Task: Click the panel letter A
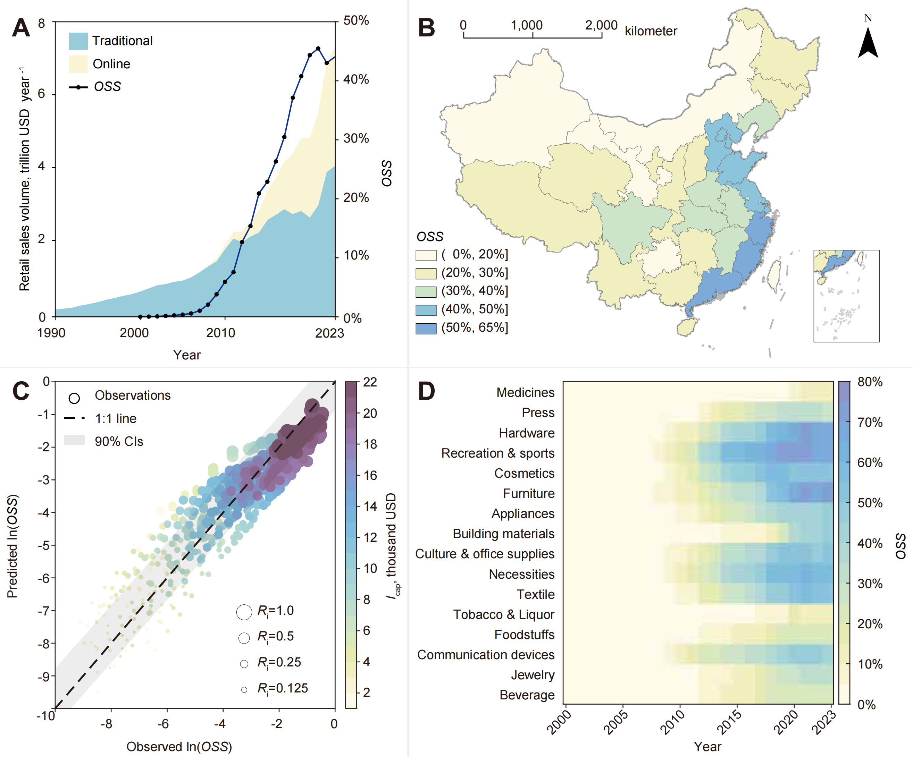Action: (x=21, y=29)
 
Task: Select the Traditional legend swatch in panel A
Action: (x=78, y=41)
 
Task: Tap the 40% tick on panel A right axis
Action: (x=355, y=79)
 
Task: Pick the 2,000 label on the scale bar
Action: (x=601, y=25)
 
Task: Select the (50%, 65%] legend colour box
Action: (x=426, y=329)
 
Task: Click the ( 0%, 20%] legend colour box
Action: (x=426, y=255)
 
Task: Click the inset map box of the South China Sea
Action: (x=846, y=296)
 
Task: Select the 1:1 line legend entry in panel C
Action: (x=116, y=418)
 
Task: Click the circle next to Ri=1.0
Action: (x=244, y=612)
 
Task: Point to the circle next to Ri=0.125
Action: (x=244, y=690)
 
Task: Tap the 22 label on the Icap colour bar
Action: (x=370, y=382)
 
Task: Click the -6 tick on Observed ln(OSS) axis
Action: (x=163, y=724)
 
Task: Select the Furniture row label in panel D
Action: (x=528, y=494)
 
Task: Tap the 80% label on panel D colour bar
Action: (x=870, y=382)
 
